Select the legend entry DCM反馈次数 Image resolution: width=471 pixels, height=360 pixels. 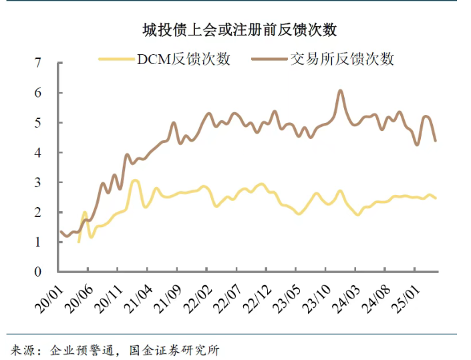point(184,59)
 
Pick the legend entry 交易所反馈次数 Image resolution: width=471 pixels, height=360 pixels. point(341,59)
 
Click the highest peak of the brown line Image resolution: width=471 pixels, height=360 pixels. point(340,90)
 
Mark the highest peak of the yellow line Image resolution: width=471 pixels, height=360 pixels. point(135,180)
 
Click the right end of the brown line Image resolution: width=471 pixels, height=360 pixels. point(436,140)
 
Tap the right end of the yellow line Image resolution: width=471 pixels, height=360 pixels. point(436,198)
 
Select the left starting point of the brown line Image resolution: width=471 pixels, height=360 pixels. point(61,232)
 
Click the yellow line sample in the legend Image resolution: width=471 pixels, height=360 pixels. point(116,59)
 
